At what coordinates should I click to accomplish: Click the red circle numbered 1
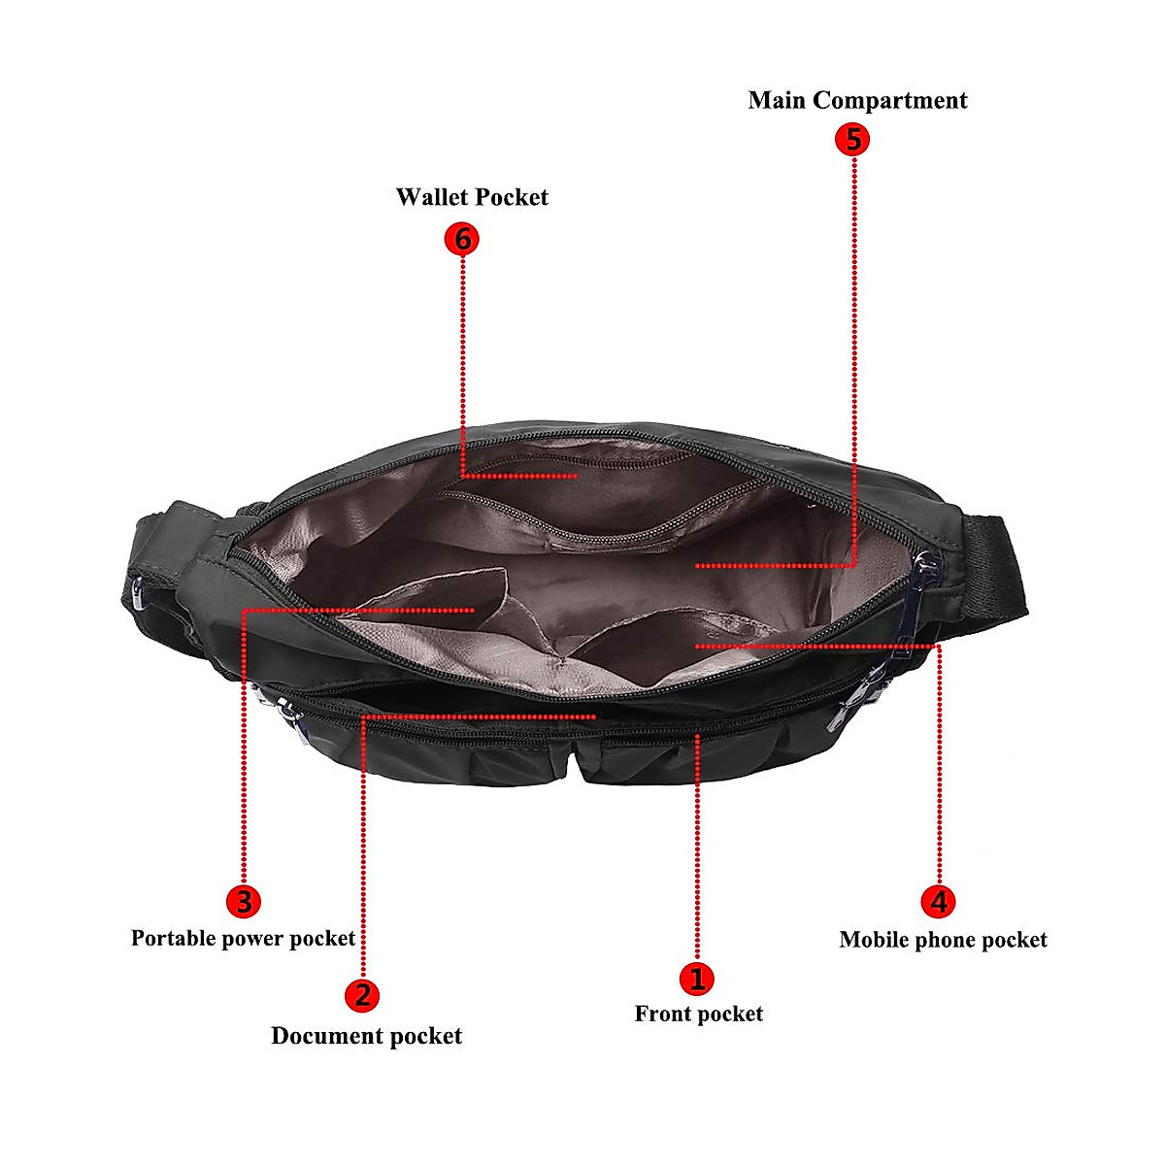pos(696,978)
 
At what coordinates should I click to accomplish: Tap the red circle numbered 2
pos(362,995)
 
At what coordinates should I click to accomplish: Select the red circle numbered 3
pos(243,902)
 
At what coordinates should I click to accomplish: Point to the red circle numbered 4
pos(938,902)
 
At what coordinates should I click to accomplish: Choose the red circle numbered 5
pos(852,139)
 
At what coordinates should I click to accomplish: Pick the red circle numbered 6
pos(462,238)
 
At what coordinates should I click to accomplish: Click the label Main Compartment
pos(857,100)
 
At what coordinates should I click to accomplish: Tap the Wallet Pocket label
pos(472,197)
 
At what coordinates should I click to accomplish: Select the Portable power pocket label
pos(243,939)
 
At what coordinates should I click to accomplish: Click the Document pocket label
pos(366,1036)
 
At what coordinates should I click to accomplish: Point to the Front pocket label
pos(698,1015)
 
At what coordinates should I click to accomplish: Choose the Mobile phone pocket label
pos(943,940)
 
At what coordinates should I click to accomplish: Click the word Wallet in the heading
pos(430,197)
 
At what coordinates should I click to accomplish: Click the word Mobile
pos(874,940)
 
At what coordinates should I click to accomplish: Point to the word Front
pos(665,1015)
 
